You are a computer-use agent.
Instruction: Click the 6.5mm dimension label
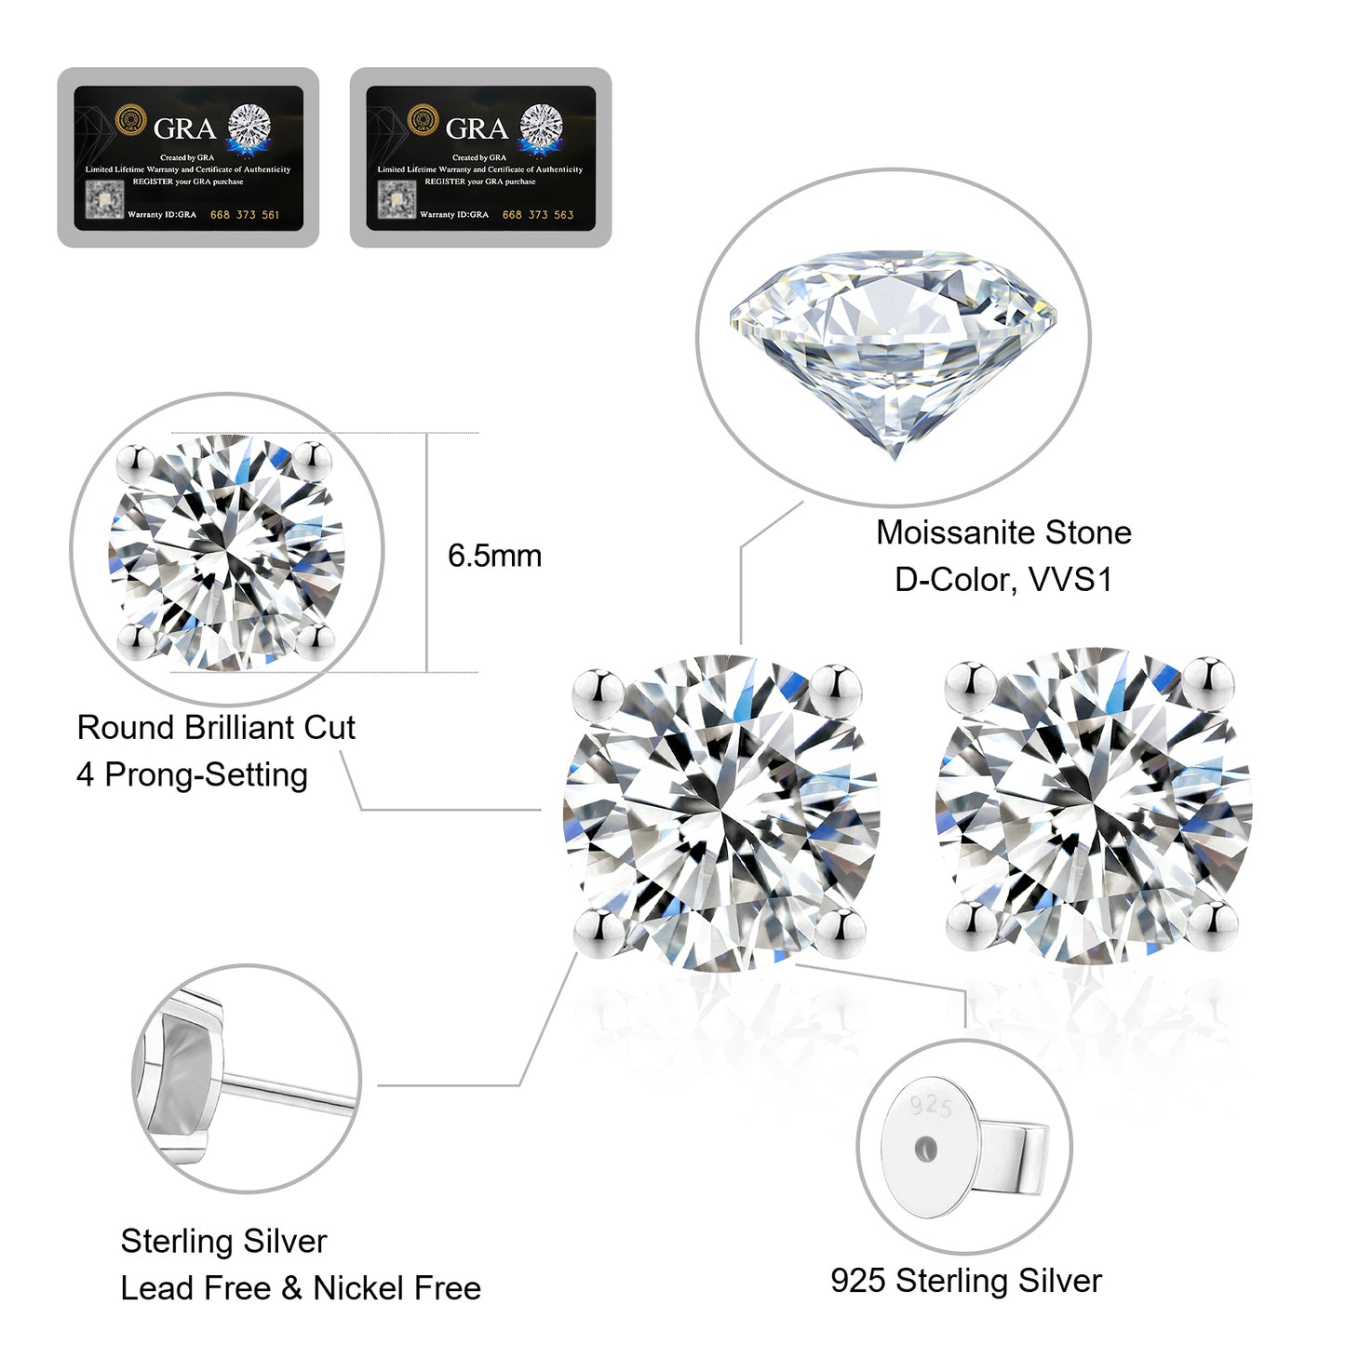tap(494, 556)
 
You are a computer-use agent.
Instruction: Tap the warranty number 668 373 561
tap(244, 215)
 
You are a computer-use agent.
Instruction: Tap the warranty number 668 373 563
tap(537, 215)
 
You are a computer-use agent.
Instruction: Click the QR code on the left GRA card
tap(104, 199)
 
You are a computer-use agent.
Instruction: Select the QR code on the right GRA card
tap(397, 199)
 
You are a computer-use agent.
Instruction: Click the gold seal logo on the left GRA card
tap(131, 121)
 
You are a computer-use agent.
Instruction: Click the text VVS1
tap(1070, 580)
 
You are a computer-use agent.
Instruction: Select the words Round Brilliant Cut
tap(216, 728)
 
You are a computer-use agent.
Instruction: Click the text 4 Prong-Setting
tap(192, 774)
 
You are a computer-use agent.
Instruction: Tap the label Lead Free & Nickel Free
tap(301, 1288)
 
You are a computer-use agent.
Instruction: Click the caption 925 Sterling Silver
tap(965, 1281)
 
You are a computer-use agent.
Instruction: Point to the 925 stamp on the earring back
tap(931, 1105)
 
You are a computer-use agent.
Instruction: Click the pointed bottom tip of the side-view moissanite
tap(894, 455)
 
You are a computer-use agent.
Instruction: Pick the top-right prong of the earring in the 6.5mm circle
tap(314, 457)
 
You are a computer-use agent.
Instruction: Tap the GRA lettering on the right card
tap(477, 128)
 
